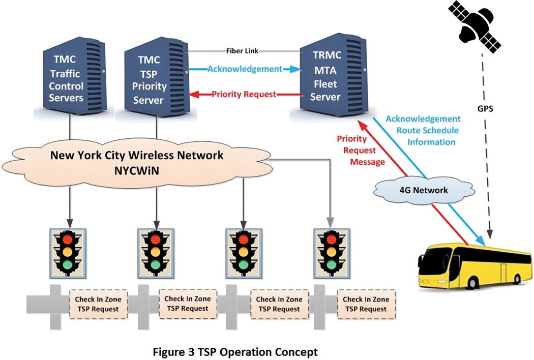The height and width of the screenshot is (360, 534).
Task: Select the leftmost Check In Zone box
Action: (x=96, y=304)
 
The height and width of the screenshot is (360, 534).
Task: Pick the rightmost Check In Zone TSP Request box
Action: (x=365, y=304)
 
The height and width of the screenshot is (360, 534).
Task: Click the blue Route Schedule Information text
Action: (x=423, y=136)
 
